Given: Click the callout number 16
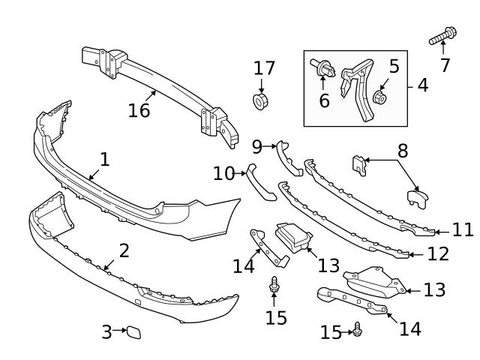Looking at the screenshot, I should pos(139,110).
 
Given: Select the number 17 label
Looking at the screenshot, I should pos(264,69).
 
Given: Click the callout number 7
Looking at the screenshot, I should pos(445,65).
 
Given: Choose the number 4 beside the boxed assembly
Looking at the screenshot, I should pos(423,85).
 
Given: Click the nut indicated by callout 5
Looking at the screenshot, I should pos(379,97).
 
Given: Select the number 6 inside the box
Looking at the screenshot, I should pos(324,100).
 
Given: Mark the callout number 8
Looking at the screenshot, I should pos(403,150).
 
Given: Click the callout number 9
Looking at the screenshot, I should pos(256,145).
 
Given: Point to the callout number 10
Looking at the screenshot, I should pos(223,174).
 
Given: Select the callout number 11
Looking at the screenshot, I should pos(463,229).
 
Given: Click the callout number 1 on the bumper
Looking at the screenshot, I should pos(104,159).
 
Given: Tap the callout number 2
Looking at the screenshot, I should pos(124,250).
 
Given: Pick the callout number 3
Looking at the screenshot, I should pos(106,329).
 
